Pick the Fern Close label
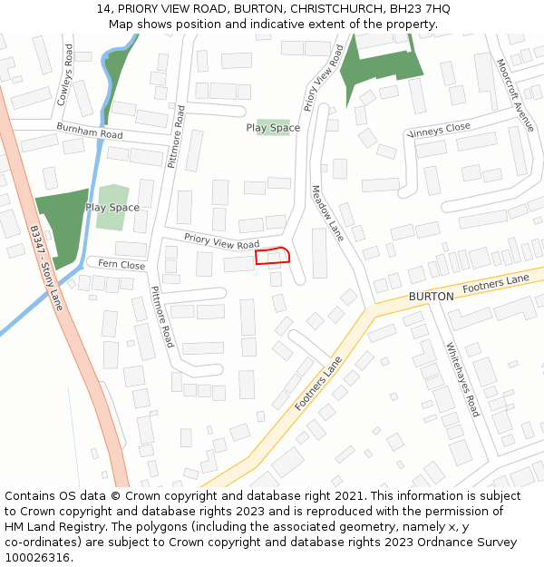click(x=121, y=266)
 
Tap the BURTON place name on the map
click(x=431, y=297)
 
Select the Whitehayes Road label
click(x=461, y=378)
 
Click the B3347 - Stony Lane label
click(x=46, y=269)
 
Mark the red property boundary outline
click(x=272, y=256)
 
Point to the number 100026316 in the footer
click(x=37, y=558)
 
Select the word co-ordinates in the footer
click(x=38, y=543)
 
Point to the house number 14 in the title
click(x=102, y=9)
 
